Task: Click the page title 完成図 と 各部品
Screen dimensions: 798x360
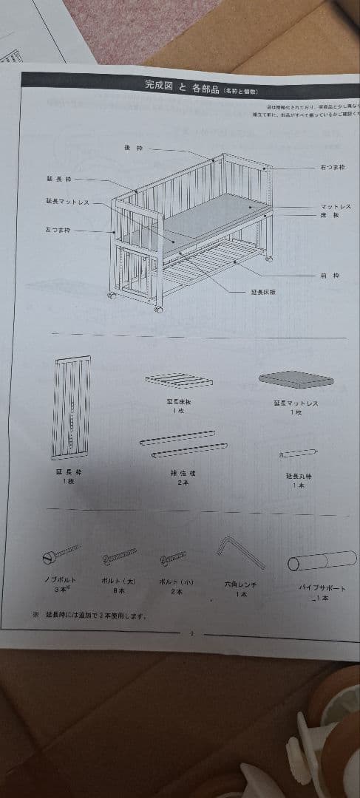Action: point(178,86)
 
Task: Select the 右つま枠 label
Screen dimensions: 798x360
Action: point(332,168)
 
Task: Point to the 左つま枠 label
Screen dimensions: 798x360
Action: point(57,230)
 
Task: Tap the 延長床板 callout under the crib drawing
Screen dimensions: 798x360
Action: point(263,292)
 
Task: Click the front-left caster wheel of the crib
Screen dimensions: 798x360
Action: point(158,308)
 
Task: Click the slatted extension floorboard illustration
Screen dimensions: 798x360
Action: point(178,381)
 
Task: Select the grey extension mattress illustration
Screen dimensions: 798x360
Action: point(296,379)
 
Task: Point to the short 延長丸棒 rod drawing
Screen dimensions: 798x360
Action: point(299,451)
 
